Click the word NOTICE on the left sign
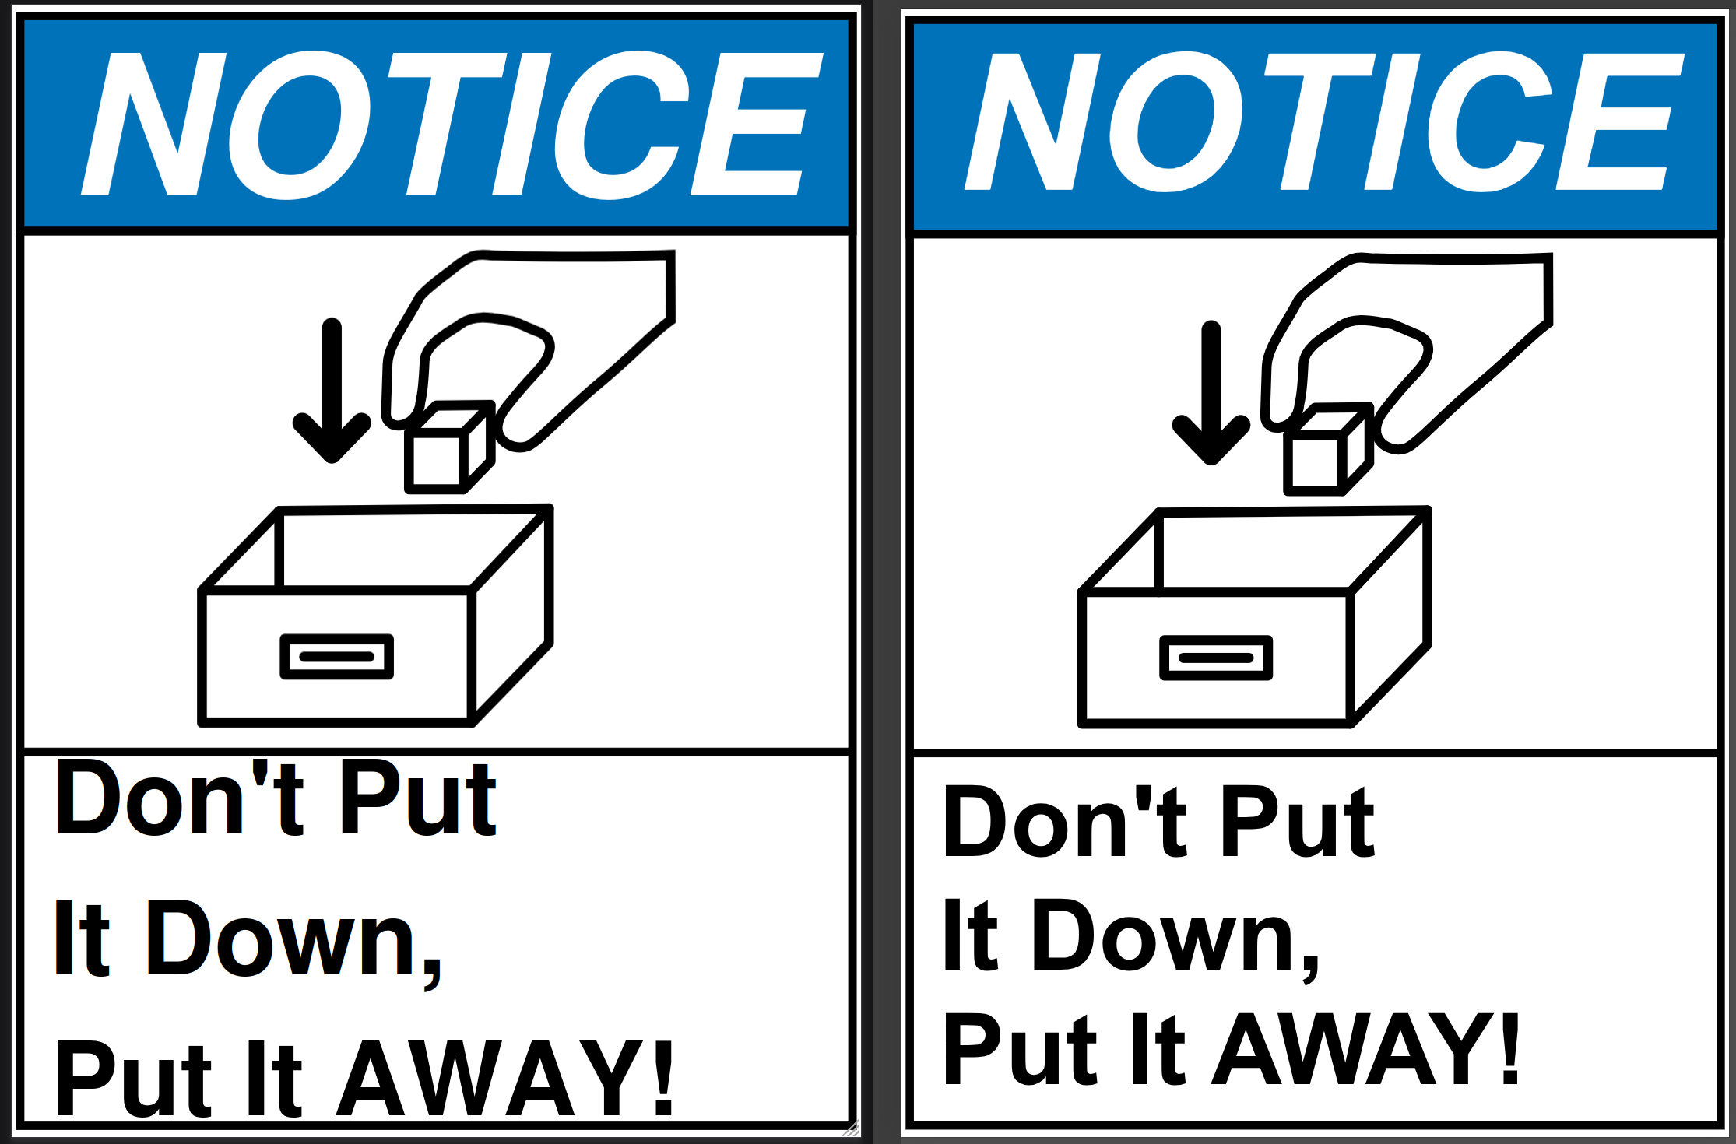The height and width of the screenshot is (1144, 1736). click(452, 125)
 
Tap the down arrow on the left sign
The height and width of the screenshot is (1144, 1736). click(332, 390)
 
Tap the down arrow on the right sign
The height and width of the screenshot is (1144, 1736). click(1211, 393)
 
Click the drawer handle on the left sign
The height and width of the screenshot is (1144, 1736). click(337, 657)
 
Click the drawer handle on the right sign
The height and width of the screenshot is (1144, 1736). click(1216, 658)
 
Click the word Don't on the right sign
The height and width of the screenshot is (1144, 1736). click(1064, 822)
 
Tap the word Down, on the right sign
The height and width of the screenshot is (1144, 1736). click(1176, 939)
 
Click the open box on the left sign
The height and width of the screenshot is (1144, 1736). click(376, 616)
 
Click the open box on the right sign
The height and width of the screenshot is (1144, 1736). click(1255, 618)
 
